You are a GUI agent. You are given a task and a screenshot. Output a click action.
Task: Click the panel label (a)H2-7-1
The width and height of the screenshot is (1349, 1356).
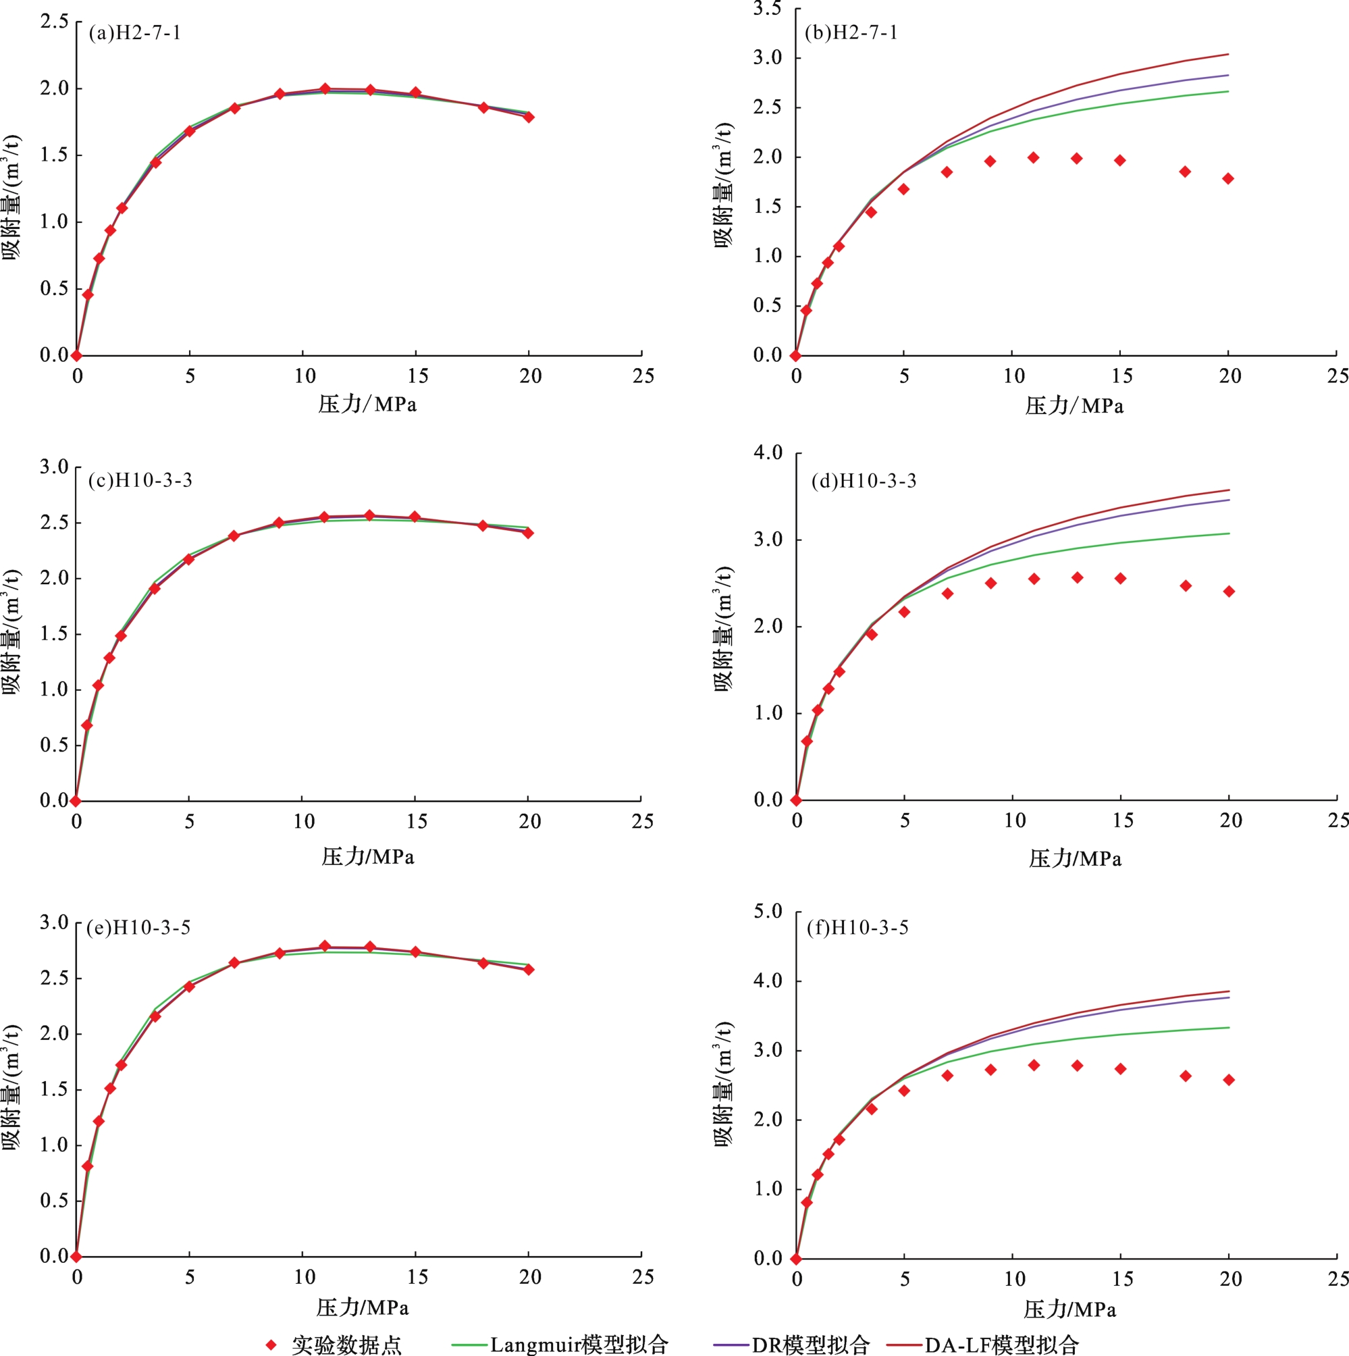[x=134, y=33]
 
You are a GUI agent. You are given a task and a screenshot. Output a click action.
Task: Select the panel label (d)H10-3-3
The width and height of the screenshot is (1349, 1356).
[x=864, y=481]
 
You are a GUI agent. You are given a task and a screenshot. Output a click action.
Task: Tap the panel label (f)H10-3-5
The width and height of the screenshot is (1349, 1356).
[x=857, y=928]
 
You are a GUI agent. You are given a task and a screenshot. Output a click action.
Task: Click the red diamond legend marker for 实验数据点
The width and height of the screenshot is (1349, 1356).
[x=271, y=1345]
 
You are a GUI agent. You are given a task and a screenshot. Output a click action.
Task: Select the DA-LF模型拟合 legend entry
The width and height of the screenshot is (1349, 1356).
[x=982, y=1345]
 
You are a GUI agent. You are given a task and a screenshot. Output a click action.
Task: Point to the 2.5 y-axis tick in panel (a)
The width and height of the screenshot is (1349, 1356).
[x=54, y=22]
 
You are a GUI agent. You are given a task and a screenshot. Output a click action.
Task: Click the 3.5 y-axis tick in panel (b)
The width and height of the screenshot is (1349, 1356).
[x=767, y=8]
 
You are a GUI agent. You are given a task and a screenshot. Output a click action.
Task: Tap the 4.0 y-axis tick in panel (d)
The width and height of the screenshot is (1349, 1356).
[x=768, y=452]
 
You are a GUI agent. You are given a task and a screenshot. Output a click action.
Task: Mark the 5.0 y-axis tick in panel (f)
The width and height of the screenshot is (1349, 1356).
[x=768, y=912]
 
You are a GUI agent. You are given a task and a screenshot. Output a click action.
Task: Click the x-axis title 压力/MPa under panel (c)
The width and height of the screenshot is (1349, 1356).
[x=368, y=857]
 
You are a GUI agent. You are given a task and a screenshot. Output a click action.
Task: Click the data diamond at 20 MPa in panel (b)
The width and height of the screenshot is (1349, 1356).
[x=1228, y=179]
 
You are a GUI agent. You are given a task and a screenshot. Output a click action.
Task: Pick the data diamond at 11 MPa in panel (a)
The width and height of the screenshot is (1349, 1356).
[x=325, y=89]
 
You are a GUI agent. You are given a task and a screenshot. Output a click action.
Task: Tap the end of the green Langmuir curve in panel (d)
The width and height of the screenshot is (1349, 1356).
[x=1229, y=533]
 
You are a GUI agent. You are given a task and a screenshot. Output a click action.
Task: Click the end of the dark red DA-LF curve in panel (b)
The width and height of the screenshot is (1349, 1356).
[x=1228, y=54]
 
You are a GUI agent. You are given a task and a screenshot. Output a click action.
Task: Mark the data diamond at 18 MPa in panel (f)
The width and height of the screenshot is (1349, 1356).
[x=1186, y=1076]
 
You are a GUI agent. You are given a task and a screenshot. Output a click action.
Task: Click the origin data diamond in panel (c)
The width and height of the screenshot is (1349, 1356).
[x=75, y=801]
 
